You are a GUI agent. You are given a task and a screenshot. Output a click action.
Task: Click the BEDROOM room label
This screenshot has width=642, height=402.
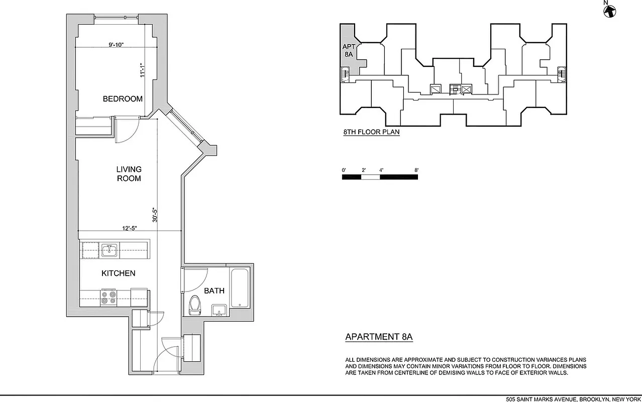point(123,99)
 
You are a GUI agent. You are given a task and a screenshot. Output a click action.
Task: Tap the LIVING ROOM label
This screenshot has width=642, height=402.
point(129,174)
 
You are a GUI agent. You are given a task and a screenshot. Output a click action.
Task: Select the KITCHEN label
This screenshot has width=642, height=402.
point(119,273)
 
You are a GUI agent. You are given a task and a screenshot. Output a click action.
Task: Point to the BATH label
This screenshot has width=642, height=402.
point(214,291)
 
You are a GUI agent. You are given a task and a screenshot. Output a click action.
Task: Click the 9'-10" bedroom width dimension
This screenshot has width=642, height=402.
point(116,45)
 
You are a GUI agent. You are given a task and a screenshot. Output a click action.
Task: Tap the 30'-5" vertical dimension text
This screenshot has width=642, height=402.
point(155,215)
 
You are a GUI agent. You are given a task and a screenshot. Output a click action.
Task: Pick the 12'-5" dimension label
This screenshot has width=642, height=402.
point(129,228)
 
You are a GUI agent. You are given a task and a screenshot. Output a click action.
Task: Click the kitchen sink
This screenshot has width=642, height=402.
point(109,250)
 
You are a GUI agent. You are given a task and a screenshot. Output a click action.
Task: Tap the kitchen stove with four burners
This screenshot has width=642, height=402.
point(109,297)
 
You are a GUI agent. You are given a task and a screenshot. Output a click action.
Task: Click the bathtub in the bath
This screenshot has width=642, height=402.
point(239,288)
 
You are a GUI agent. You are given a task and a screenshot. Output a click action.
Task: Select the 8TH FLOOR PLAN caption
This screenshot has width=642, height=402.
point(371,133)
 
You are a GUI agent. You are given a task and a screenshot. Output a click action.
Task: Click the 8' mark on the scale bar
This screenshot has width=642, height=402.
point(416,170)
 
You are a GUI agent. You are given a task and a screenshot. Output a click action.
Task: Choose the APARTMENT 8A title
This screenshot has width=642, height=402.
point(379,337)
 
